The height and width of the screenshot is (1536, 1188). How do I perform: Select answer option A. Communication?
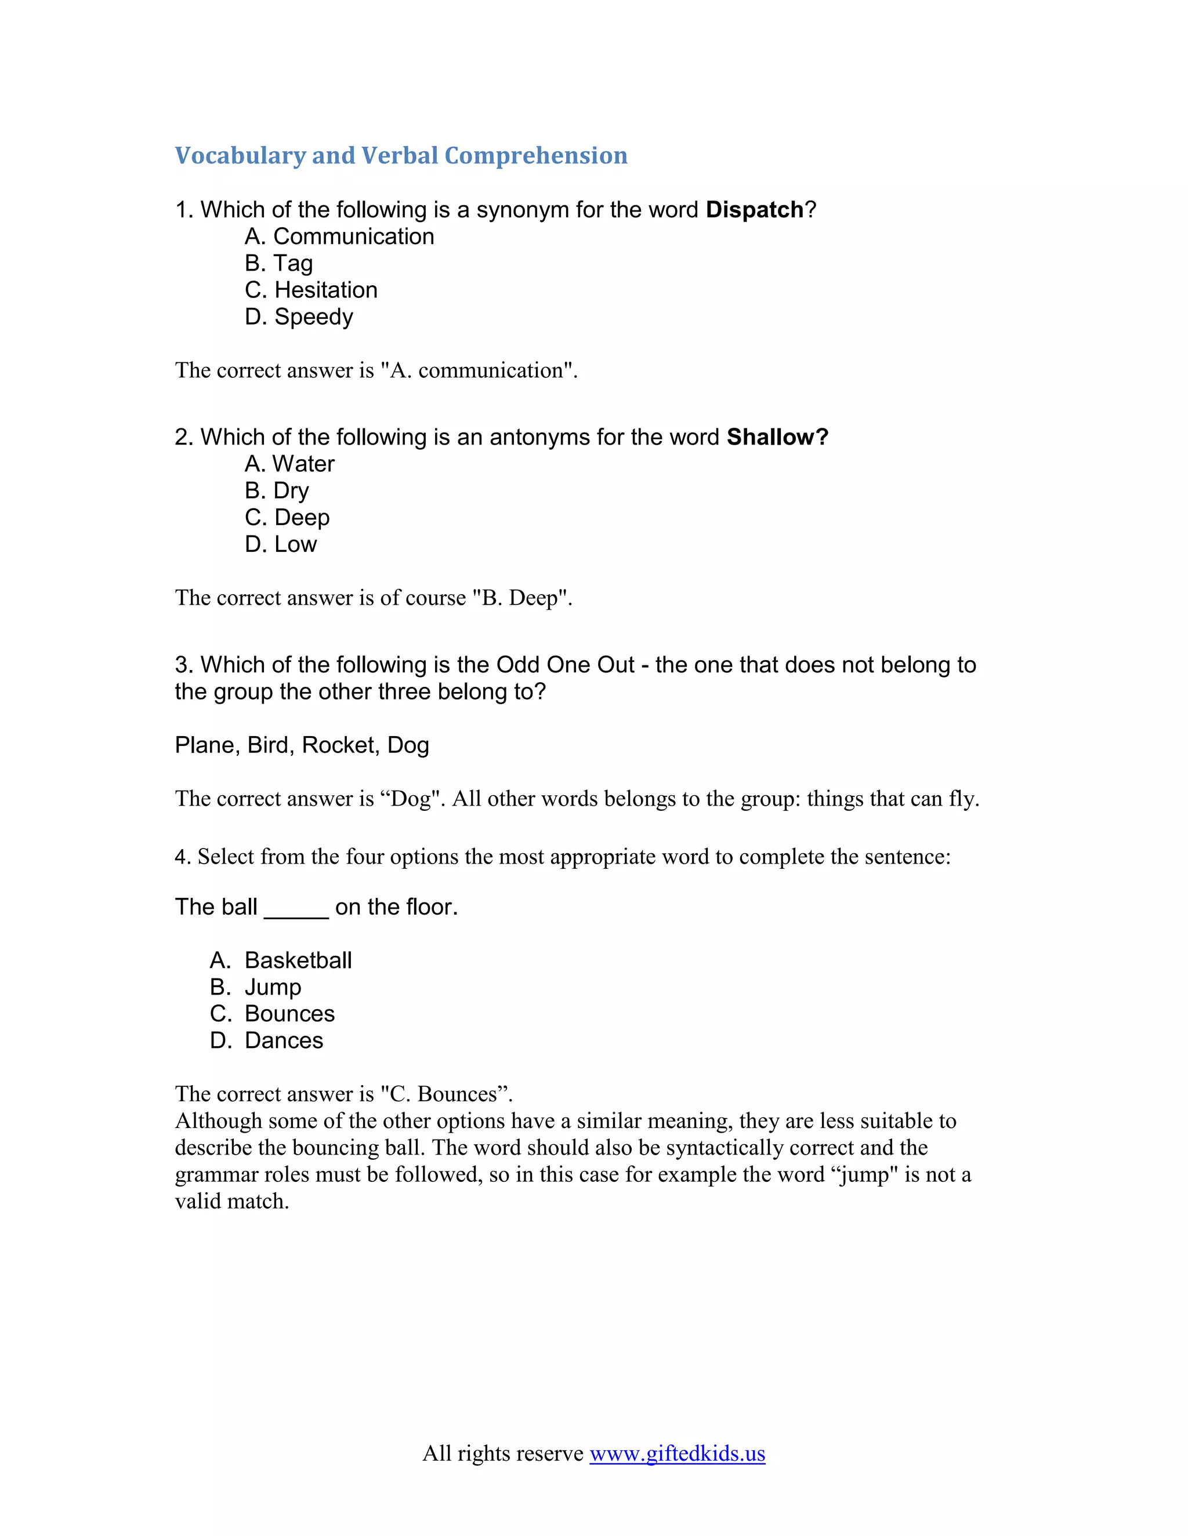point(339,236)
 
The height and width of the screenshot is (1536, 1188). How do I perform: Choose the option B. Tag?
point(278,263)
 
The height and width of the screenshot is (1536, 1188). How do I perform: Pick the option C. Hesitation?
point(311,290)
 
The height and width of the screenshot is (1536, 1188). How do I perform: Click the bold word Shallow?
point(776,437)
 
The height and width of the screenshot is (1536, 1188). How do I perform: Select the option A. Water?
point(289,464)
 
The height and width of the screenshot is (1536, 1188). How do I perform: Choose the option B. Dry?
point(277,490)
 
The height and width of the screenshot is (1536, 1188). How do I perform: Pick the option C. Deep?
point(287,517)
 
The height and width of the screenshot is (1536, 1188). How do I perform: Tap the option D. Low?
point(281,544)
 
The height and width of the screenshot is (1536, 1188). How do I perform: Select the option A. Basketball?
point(281,960)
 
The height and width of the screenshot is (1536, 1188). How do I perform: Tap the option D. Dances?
point(267,1040)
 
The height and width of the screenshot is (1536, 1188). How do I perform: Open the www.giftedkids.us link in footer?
point(677,1453)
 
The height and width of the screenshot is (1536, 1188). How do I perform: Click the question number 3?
point(182,665)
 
